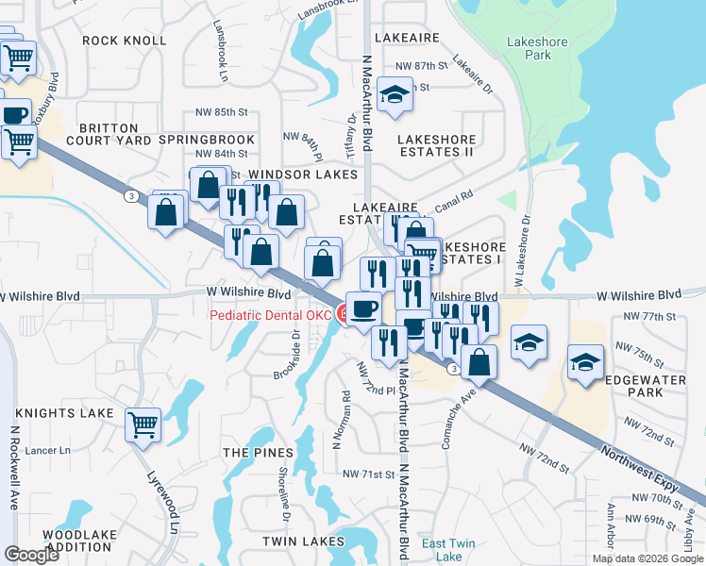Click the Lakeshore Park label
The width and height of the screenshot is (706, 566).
[x=529, y=49]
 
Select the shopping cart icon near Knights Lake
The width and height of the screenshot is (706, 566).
[x=143, y=424]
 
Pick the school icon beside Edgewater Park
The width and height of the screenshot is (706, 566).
[x=585, y=361]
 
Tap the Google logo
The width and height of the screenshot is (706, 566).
[x=31, y=555]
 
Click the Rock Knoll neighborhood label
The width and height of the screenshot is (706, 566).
[x=124, y=41]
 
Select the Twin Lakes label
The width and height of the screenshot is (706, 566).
[x=303, y=541]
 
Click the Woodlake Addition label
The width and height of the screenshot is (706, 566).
[x=79, y=541]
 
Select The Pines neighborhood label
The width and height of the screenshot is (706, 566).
[x=249, y=453]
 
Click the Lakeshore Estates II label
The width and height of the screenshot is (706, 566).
[x=436, y=145]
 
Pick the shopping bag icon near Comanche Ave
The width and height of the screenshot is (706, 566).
[x=479, y=361]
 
